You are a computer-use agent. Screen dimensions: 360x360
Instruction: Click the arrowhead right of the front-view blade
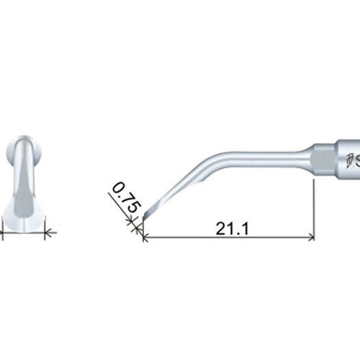pyautogui.click(x=49, y=236)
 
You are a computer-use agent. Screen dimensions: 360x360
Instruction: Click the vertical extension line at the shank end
pyautogui.click(x=316, y=209)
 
